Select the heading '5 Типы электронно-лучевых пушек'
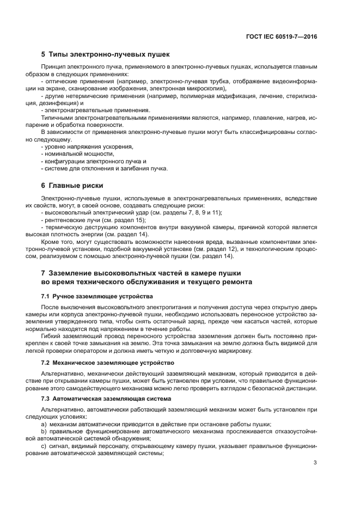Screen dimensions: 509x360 [106, 54]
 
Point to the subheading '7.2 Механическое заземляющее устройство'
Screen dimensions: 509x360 [107, 362]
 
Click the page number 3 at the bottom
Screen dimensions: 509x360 [315, 463]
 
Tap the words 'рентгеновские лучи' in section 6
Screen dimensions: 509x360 [69, 220]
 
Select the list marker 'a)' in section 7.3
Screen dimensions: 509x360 [44, 424]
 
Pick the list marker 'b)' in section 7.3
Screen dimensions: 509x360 [44, 431]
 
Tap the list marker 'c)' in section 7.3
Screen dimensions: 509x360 [44, 446]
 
